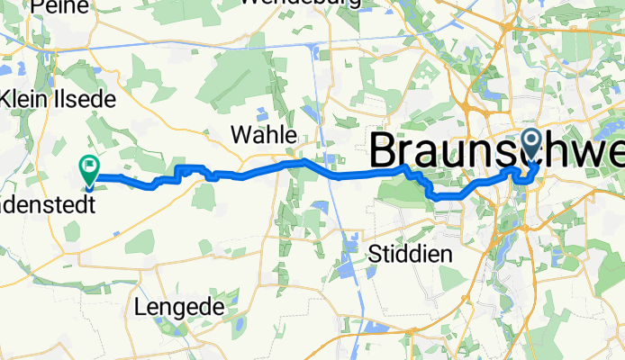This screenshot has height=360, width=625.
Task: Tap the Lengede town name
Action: (178, 307)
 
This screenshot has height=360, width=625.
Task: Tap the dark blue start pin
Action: (531, 141)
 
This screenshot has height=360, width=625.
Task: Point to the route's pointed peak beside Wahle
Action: (304, 161)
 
